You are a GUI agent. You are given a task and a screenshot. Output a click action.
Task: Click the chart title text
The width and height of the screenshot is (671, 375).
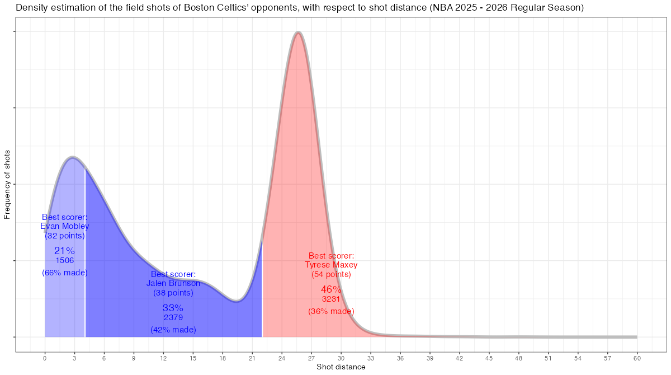tap(300, 8)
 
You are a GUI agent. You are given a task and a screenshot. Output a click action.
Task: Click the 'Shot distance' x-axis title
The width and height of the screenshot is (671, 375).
tap(341, 367)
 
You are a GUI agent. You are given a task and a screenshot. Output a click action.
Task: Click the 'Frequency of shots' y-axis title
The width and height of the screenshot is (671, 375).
tap(7, 184)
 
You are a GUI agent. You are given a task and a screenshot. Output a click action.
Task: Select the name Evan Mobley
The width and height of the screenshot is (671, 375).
tap(65, 226)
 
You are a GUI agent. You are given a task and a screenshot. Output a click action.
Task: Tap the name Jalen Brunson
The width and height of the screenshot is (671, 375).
tap(173, 283)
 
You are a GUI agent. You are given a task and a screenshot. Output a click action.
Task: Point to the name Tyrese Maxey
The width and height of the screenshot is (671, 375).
tap(331, 265)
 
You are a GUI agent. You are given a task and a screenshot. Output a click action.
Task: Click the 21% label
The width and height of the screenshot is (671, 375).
tap(64, 251)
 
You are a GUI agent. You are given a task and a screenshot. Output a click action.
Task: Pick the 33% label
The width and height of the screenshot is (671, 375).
tap(173, 307)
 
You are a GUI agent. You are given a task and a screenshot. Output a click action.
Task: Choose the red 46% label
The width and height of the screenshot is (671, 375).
tap(331, 289)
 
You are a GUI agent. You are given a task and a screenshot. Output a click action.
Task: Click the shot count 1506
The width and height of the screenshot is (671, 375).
tap(65, 260)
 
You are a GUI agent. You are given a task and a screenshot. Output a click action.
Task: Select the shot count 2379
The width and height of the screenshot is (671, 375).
tap(173, 317)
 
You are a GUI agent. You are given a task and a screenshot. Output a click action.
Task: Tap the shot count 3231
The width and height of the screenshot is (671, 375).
tap(331, 299)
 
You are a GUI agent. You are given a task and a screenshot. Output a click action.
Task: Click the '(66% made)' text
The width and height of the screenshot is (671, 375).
tap(65, 273)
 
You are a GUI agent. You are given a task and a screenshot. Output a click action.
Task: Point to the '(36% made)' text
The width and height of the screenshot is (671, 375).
tap(331, 311)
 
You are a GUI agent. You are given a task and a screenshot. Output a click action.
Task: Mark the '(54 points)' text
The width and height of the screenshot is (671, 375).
tap(331, 274)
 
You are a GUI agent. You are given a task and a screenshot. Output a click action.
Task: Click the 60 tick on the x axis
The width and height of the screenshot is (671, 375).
tap(637, 358)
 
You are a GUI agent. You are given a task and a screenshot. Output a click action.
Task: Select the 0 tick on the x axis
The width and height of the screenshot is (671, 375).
tap(45, 358)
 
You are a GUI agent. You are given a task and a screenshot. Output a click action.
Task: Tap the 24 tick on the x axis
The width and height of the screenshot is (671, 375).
tap(282, 358)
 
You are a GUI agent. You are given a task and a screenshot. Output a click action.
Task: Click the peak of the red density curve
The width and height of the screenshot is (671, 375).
tap(299, 32)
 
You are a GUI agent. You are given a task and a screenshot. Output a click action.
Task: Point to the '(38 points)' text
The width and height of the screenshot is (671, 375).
tap(173, 293)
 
